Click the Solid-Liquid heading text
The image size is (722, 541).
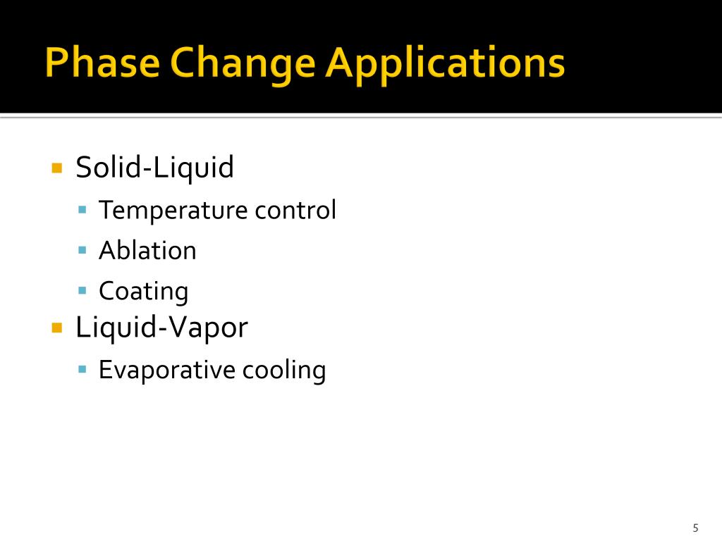(154, 168)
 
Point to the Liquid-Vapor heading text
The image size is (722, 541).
(161, 328)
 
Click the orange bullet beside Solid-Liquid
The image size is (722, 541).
(57, 168)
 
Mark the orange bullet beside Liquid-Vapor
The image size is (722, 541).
(57, 328)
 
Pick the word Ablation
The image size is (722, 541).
(147, 251)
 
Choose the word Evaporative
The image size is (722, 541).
(167, 370)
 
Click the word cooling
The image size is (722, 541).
(284, 371)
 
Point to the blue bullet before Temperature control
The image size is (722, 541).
(82, 210)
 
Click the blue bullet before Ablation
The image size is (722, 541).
(82, 250)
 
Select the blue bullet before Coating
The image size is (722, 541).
(82, 290)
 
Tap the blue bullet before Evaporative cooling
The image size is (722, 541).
(82, 369)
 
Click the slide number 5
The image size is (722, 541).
(695, 528)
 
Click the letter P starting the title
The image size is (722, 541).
(54, 63)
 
